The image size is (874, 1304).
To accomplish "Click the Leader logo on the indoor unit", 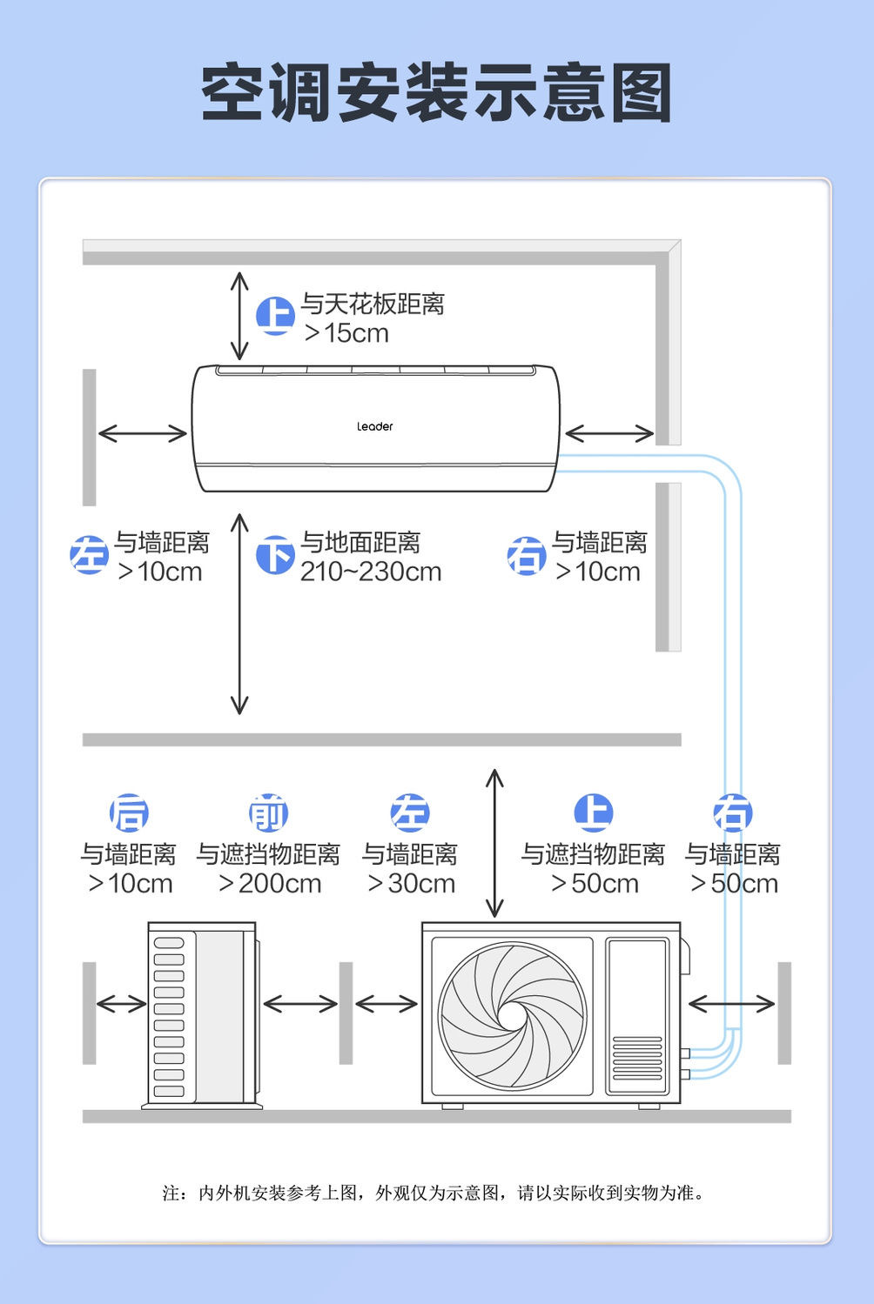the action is [x=374, y=426].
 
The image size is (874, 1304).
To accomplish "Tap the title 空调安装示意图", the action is [x=436, y=92].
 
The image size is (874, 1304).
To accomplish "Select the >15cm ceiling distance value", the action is [x=346, y=333].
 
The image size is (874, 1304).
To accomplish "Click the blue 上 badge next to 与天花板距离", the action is [x=275, y=315].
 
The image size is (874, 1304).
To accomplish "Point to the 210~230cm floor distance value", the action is [x=371, y=572].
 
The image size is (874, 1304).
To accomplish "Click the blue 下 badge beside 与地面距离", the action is [x=275, y=555].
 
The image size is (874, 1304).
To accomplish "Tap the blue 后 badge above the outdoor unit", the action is [x=129, y=813].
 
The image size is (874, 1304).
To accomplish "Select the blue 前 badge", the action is [x=268, y=813].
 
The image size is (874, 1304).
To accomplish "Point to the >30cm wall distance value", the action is [x=411, y=884].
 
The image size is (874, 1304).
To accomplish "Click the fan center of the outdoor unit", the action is [x=512, y=1015].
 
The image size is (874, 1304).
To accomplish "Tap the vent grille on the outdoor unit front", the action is [x=637, y=1057].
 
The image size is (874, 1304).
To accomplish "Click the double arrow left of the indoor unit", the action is [x=142, y=433].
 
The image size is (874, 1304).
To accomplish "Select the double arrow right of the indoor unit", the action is [x=608, y=433].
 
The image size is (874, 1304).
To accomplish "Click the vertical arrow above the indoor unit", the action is [x=239, y=316].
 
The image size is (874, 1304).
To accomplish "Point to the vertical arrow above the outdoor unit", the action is [x=494, y=843].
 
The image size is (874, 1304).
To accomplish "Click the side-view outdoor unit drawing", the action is [x=201, y=1014].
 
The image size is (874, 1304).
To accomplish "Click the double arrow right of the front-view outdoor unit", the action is [x=731, y=1005].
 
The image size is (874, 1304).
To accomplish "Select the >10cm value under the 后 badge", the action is [x=130, y=884].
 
